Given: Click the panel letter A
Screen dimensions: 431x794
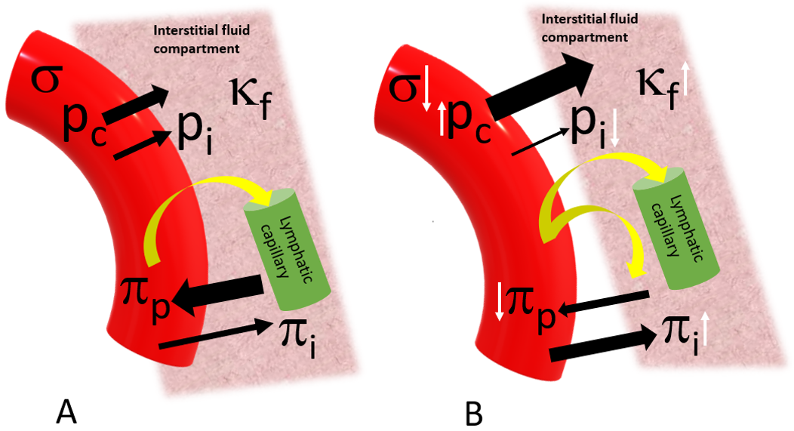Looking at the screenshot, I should click(x=67, y=413).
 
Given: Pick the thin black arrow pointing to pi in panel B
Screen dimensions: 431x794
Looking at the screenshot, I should click(x=540, y=143).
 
